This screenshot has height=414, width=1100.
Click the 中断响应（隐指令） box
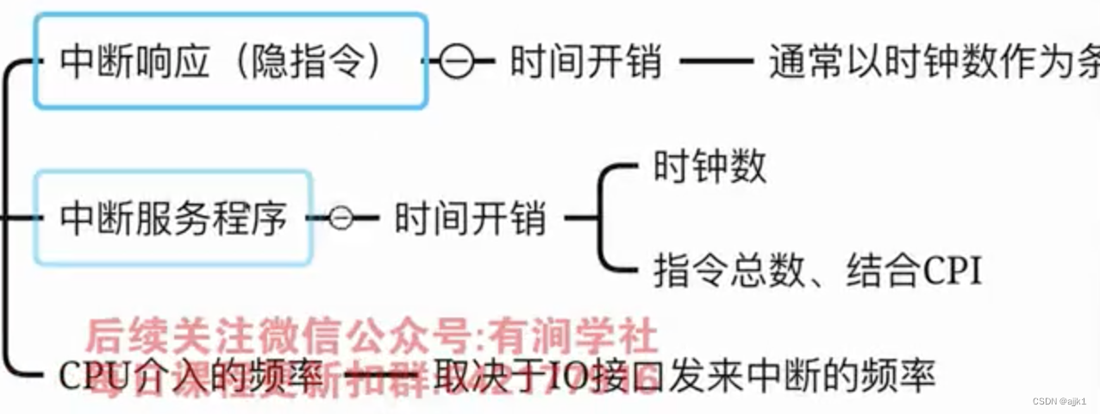point(230,61)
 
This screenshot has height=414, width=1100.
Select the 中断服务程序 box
point(173,217)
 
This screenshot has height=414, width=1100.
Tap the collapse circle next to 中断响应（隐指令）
point(457,62)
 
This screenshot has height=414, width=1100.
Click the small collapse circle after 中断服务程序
point(342,218)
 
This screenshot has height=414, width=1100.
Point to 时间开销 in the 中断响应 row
point(585,62)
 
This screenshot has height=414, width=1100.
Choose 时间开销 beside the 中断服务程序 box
point(470,219)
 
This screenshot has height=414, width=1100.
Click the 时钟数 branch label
point(709,166)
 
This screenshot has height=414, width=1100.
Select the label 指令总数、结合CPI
point(817,270)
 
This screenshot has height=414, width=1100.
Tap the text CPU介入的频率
point(191,376)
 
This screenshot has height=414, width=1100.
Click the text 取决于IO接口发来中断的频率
point(685,376)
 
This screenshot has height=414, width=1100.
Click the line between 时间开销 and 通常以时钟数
point(716,62)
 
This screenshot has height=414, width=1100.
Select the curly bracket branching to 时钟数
point(603,218)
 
